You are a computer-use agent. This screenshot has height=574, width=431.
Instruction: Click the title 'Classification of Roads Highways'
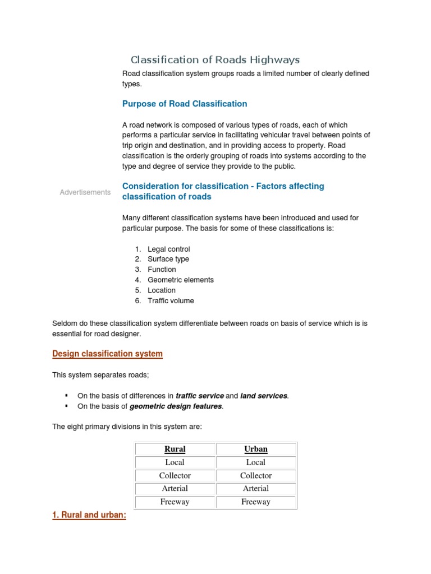tap(215, 60)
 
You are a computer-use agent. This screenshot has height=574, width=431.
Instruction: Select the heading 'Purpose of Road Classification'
tap(185, 104)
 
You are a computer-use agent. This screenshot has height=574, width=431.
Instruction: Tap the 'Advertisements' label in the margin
tap(85, 192)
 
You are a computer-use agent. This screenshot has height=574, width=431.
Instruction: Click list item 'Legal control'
tap(168, 249)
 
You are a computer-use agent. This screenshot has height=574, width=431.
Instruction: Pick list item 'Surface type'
tap(168, 259)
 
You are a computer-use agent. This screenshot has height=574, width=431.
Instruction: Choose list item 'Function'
tap(162, 270)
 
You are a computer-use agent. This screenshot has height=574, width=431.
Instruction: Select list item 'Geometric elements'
tap(180, 280)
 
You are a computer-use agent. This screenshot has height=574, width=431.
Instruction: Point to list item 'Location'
tap(161, 290)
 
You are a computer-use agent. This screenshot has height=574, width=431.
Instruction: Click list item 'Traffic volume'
tap(171, 300)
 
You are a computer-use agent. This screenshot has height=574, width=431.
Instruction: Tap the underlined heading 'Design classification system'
tap(107, 354)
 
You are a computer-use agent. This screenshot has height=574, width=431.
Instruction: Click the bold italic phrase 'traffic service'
tap(199, 396)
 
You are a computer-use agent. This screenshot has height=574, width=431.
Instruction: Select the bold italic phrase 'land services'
tap(264, 396)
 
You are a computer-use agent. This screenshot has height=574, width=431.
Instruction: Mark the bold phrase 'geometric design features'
tap(176, 406)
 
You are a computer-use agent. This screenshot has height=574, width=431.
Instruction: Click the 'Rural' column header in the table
tap(175, 449)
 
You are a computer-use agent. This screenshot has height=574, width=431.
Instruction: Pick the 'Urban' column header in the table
tap(256, 449)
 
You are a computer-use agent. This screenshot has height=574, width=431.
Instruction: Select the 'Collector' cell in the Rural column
tap(175, 475)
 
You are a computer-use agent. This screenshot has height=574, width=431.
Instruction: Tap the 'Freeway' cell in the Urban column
tap(256, 502)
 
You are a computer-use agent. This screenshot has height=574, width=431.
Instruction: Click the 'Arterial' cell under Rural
tap(175, 488)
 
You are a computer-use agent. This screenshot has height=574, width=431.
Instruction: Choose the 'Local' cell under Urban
tap(256, 462)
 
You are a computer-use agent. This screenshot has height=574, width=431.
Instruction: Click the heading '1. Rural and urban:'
tap(89, 516)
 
